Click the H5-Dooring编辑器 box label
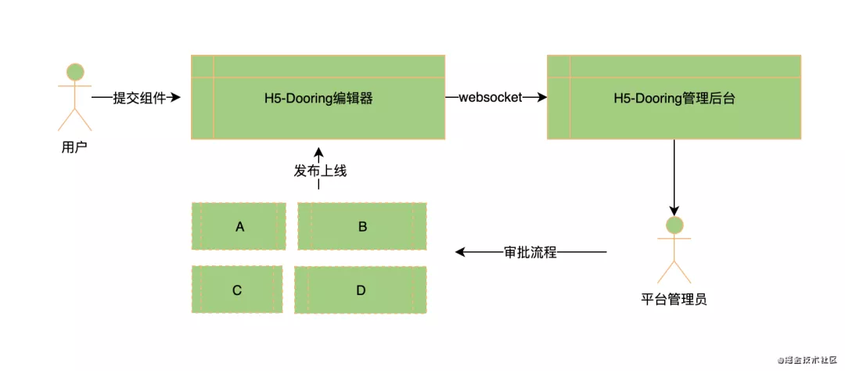pos(318,99)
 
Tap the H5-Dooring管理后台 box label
pos(674,99)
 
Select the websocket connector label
pos(490,98)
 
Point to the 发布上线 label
pos(320,171)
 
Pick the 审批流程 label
pos(530,252)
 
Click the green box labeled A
pos(239,226)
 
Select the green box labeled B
pos(362,226)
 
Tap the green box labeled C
pos(237,290)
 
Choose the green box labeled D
pos(361,290)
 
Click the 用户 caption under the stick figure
pos(74,146)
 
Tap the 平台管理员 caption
pos(674,298)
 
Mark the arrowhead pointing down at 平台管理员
pos(674,211)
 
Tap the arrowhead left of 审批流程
pos(461,252)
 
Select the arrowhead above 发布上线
pos(318,152)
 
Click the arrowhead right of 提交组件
pos(176,98)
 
